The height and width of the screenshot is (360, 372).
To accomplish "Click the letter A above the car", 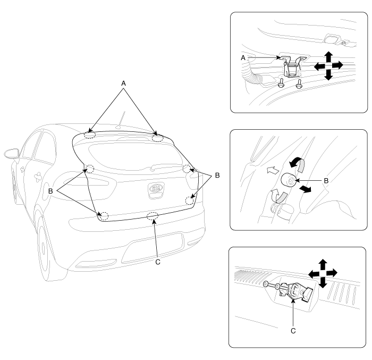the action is [123, 83].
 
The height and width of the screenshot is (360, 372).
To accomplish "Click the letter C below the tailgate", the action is [158, 262].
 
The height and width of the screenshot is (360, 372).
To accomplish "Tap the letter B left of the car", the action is [50, 191].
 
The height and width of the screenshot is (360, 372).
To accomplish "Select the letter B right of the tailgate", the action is [217, 175].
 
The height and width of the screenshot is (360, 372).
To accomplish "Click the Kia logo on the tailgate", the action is [156, 189].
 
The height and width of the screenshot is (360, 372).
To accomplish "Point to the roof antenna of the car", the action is [121, 120].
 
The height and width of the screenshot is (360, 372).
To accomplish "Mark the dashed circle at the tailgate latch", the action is [153, 216].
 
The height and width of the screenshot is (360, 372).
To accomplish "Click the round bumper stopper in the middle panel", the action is [288, 180].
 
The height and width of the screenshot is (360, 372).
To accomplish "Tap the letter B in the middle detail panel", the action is [326, 181].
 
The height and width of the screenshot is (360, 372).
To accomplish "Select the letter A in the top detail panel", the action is [243, 58].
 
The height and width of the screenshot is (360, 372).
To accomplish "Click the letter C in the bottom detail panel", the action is [293, 331].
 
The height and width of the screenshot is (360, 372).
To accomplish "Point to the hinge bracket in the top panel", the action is [293, 66].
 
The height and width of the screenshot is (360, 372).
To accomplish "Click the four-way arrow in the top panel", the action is [328, 65].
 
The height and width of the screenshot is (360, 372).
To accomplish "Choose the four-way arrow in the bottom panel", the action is [323, 273].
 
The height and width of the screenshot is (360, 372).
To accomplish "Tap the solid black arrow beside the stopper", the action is [305, 189].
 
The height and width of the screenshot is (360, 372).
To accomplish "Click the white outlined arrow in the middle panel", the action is [273, 170].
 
